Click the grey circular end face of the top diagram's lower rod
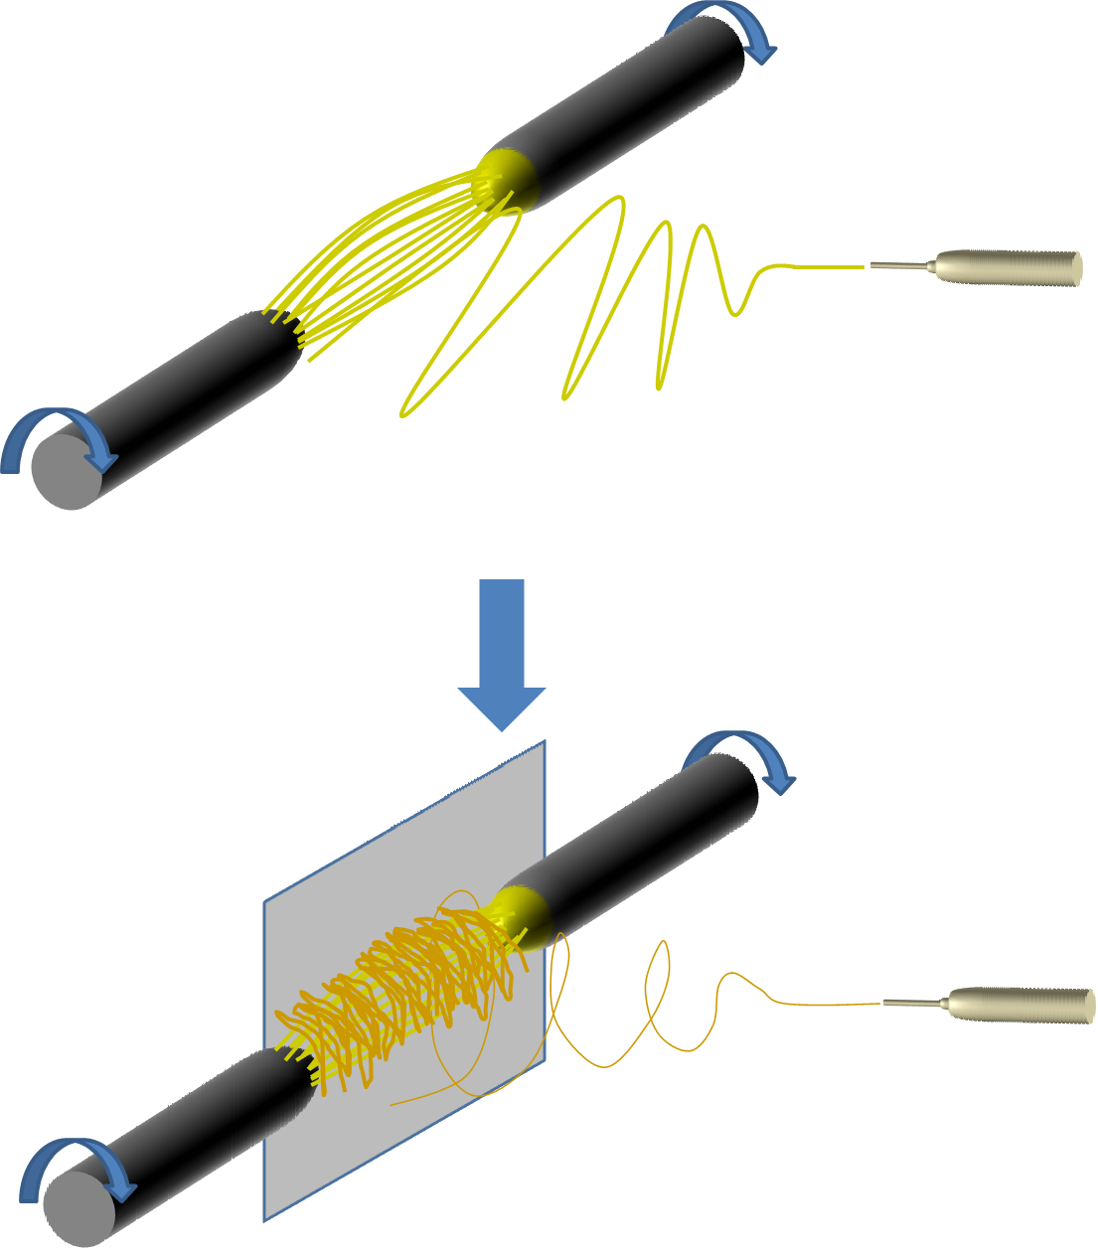click(x=66, y=472)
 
